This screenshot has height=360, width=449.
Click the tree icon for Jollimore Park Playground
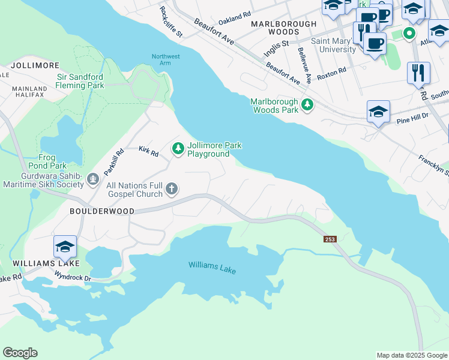pyautogui.click(x=178, y=148)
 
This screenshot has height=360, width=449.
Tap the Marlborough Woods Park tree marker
pyautogui.click(x=307, y=105)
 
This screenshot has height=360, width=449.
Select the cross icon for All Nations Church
pyautogui.click(x=172, y=189)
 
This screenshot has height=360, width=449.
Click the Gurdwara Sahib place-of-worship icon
pyautogui.click(x=92, y=178)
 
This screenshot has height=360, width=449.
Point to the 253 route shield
pyautogui.click(x=330, y=239)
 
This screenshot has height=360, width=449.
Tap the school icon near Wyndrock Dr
pyautogui.click(x=65, y=246)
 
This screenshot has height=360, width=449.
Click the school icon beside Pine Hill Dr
pyautogui.click(x=378, y=112)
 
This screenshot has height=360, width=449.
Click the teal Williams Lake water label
pyautogui.click(x=212, y=268)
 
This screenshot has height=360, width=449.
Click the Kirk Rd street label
pyautogui.click(x=148, y=152)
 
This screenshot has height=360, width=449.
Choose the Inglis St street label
pyautogui.click(x=277, y=49)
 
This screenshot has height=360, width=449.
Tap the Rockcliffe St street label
pyautogui.click(x=171, y=22)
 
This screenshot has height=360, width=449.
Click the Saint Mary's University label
pyautogui.click(x=333, y=46)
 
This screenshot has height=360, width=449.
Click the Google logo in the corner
pyautogui.click(x=20, y=353)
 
